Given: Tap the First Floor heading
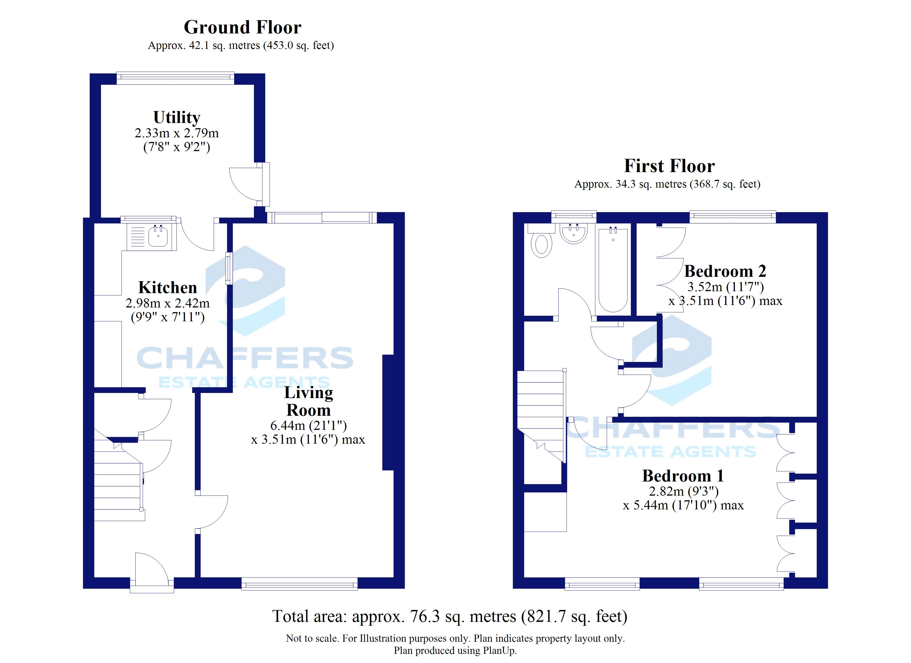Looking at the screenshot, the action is (x=669, y=166).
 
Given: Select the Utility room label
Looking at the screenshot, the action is (x=177, y=117).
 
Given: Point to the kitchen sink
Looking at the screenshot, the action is (x=152, y=237).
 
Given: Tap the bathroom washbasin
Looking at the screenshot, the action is (x=574, y=233).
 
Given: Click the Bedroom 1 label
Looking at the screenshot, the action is (x=683, y=476).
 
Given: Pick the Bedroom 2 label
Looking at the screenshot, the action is (x=725, y=271).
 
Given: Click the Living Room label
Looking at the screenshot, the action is (x=308, y=401).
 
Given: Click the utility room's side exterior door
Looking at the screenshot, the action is (x=250, y=184).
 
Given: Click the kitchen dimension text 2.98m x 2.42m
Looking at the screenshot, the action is (x=168, y=303).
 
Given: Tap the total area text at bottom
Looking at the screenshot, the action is (x=450, y=616).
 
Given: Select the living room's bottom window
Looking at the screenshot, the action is (x=299, y=584).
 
